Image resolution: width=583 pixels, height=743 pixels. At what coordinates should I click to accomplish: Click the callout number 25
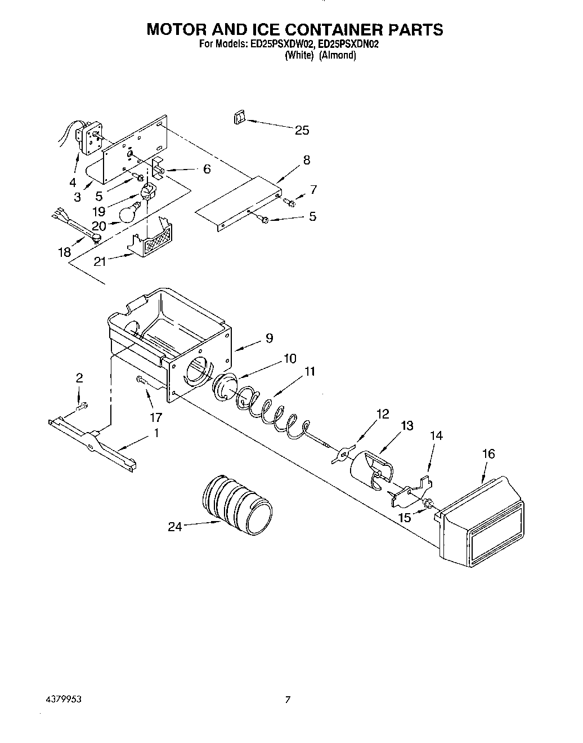pos(302,130)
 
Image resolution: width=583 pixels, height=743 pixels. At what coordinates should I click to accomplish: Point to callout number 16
pos(488,453)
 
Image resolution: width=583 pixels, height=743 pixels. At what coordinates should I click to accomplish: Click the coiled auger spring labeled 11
pos(270,415)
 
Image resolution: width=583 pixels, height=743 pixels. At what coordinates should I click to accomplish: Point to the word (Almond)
pos(338,55)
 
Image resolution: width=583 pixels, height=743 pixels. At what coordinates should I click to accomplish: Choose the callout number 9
pos(269,338)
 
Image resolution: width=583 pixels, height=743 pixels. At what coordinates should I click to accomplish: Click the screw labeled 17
pos(141,381)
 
